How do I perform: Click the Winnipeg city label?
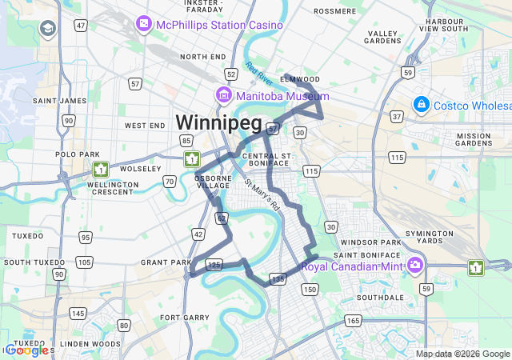(218, 122)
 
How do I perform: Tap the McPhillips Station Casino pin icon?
(144, 24)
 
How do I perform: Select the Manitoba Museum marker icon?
(224, 95)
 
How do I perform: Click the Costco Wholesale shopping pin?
(421, 104)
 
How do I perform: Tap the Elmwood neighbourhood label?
(301, 79)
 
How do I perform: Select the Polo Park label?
(77, 154)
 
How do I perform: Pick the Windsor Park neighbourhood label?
(370, 242)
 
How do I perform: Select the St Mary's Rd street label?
(263, 194)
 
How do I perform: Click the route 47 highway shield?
(81, 26)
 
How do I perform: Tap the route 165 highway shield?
(353, 320)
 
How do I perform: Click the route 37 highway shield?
(395, 118)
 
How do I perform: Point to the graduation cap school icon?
(48, 30)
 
